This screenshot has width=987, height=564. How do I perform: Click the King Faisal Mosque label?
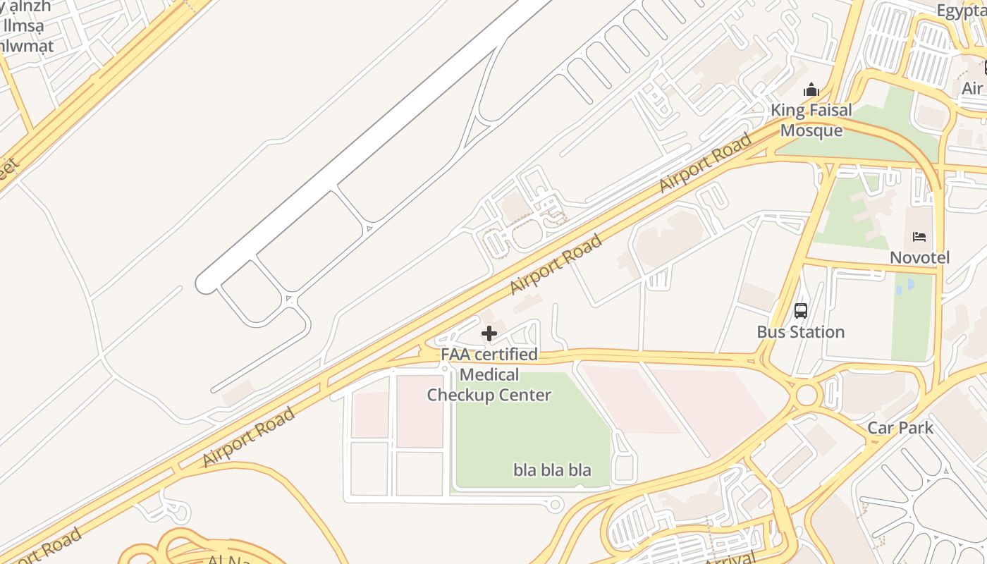point(811,120)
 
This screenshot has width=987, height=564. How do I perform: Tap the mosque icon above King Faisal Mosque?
point(811,90)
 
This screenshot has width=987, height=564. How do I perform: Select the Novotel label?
point(919,257)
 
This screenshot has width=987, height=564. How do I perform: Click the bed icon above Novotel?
point(919,237)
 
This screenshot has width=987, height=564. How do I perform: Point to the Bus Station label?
point(800,332)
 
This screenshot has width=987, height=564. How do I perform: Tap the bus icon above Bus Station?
point(801,310)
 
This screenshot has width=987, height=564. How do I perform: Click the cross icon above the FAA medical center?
point(489,333)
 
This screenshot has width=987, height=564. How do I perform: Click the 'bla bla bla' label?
point(552,470)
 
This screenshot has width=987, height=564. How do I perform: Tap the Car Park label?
point(900,427)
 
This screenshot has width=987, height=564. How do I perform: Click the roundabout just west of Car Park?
point(807,395)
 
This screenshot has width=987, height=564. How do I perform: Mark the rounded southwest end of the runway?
point(205,284)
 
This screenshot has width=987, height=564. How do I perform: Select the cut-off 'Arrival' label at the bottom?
point(730,557)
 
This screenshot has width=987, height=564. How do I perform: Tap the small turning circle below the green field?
point(555,503)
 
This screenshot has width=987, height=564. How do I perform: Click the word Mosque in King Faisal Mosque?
point(811,130)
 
